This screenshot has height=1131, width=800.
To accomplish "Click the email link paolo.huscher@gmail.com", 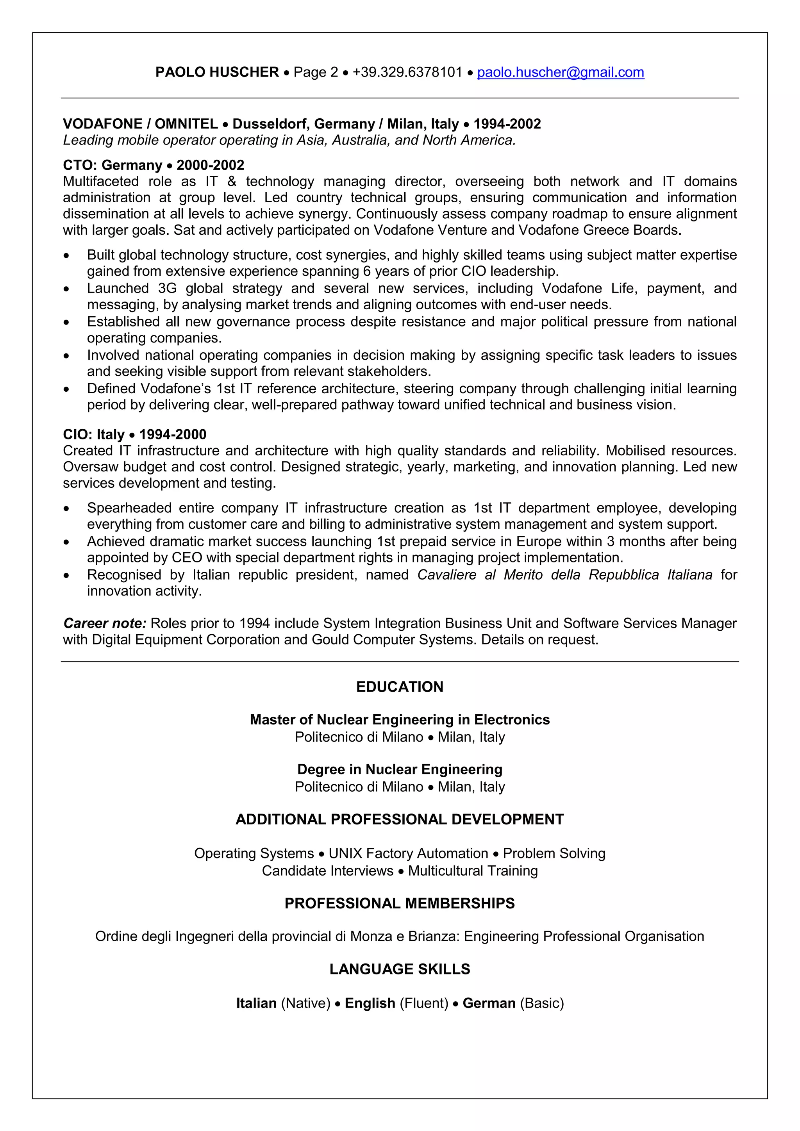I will coord(560,72).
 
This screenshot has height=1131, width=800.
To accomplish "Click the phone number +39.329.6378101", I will coord(407,72).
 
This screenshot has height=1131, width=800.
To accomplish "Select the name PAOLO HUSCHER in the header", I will coord(217,72).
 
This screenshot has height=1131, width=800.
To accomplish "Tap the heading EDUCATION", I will coord(400,687).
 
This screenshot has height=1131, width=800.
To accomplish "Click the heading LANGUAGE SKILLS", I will coord(400,969).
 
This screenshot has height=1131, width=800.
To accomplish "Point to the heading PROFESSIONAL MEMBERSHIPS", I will coord(400,903).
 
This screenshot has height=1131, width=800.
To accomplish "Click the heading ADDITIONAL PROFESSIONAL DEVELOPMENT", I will coord(400,819).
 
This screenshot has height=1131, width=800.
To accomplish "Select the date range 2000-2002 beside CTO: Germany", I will coord(210,165).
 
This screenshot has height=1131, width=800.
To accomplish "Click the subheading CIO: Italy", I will coord(94,434).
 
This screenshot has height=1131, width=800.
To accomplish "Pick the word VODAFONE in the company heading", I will coord(102,124).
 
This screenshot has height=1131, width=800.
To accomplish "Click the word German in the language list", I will coord(489,1003).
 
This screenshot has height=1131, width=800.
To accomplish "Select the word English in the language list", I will coord(370,1003).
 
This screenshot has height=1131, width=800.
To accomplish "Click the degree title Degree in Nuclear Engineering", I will coord(400,769).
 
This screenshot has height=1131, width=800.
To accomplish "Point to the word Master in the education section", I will coord(272,720).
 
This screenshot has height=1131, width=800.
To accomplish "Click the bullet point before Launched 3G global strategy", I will coord(66,289).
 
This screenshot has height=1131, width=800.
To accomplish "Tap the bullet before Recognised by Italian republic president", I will coord(66,575).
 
